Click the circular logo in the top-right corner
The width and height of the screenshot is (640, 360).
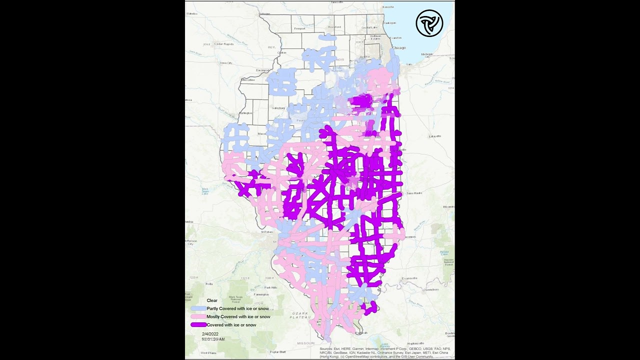point(429,23)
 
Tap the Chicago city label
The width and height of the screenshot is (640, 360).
point(399,47)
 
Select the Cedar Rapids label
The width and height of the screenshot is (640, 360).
point(224,44)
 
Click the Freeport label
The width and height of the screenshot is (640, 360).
point(299,28)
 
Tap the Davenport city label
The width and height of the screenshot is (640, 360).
point(262,70)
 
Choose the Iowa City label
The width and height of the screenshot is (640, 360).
point(226,63)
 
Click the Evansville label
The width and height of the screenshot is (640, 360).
point(409,278)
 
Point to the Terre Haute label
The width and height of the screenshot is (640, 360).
point(414,193)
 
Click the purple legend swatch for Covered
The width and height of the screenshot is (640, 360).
point(198,325)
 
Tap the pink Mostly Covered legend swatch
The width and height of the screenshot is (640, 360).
point(198,317)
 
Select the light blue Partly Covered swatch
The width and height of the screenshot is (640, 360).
point(198,309)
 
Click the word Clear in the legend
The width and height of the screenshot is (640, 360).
point(212,300)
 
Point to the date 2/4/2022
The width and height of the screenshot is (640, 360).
point(210,333)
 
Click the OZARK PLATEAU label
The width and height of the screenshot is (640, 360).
point(299,315)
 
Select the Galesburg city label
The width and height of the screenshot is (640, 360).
point(278,108)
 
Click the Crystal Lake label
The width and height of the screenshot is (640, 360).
point(369,27)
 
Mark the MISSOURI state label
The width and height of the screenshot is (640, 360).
point(305,343)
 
